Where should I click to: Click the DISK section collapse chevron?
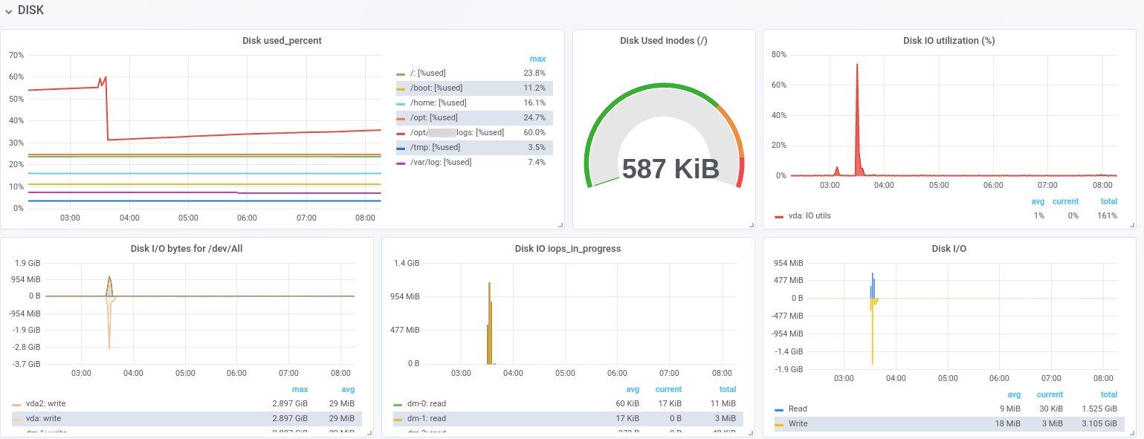coord(8,11)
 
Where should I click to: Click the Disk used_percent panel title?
coord(282,41)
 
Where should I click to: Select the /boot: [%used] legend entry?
coord(436,88)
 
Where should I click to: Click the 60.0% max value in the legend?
coord(534,132)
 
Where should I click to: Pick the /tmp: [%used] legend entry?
coord(435,147)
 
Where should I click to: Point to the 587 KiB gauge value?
coord(670,169)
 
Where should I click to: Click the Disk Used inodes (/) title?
coord(663,41)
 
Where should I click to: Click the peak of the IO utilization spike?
coord(857,65)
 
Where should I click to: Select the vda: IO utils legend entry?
coord(809,215)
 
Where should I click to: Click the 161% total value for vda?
coord(1107,215)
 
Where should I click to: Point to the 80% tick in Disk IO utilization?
coord(779,54)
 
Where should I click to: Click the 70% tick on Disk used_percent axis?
coord(16,55)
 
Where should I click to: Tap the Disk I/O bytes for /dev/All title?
coord(187,249)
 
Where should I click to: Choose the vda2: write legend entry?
coord(45,403)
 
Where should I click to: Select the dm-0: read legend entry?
coord(427,403)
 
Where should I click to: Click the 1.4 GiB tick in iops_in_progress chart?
coord(407,263)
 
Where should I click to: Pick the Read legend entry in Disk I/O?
coord(798,409)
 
